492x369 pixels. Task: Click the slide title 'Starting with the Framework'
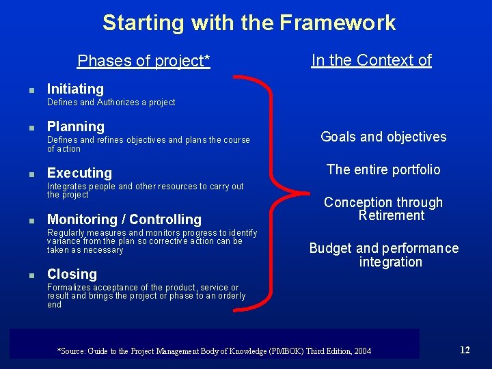(249, 23)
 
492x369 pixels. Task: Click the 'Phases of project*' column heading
(143, 61)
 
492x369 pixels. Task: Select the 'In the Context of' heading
(371, 60)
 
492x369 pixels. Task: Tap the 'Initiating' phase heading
(75, 89)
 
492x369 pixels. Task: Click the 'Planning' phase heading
(75, 126)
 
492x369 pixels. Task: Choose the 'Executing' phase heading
(79, 173)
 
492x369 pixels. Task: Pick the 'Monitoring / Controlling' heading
(124, 219)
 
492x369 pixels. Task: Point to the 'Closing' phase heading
(72, 274)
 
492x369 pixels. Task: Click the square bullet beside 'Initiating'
(23, 90)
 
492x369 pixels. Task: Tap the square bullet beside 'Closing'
(23, 275)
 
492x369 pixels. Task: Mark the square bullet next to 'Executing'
(23, 174)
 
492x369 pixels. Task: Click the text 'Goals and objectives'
(383, 137)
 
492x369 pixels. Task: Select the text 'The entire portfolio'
(383, 169)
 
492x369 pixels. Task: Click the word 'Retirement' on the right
(392, 216)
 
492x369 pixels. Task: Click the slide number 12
(465, 350)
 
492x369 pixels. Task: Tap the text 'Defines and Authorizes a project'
(111, 102)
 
